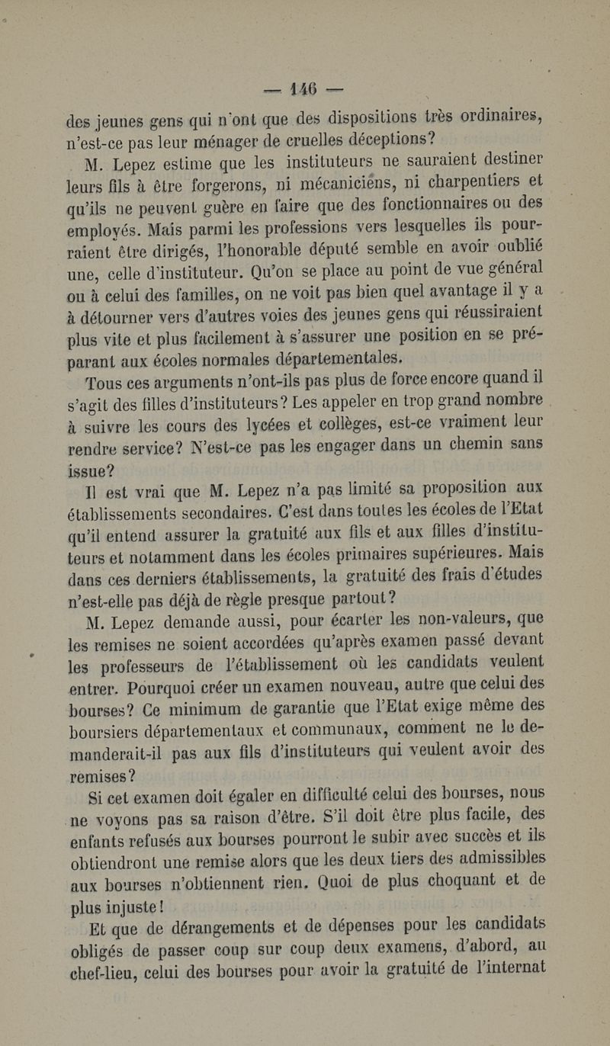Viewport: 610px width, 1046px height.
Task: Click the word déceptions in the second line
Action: [x=387, y=140]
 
